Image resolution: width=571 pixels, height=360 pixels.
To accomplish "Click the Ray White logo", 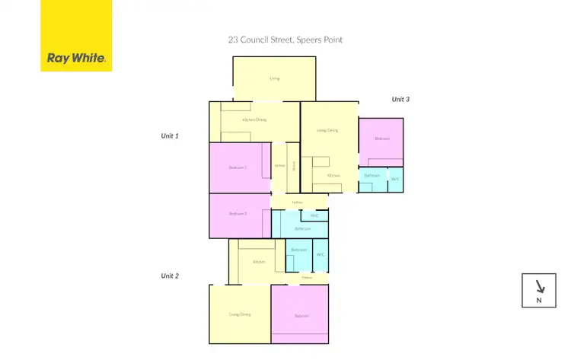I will tap(76, 36).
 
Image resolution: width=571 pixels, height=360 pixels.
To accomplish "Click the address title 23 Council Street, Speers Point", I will tap(285, 40).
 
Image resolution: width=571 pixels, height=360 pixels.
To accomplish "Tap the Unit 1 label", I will tap(169, 135).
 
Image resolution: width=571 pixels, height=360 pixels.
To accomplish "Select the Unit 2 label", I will tap(169, 276).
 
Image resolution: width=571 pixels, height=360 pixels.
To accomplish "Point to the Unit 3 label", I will tap(400, 99).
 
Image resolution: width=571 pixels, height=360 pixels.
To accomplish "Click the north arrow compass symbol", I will tap(539, 290).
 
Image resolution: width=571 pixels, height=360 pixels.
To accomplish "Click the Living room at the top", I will tap(274, 78).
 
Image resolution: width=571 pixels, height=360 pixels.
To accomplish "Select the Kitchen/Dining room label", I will tap(254, 119).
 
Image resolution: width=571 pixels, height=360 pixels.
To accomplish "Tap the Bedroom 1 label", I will tap(238, 167).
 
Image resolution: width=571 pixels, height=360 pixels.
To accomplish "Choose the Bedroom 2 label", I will tap(238, 214).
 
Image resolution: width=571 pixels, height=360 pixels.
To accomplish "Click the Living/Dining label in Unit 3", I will tap(327, 131).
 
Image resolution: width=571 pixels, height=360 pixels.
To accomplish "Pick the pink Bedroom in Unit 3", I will tap(381, 139).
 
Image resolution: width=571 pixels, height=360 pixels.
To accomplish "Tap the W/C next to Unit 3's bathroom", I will tap(394, 179).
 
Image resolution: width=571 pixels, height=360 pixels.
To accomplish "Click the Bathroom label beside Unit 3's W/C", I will tap(372, 175).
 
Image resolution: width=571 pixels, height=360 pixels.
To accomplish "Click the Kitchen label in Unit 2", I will tap(259, 261).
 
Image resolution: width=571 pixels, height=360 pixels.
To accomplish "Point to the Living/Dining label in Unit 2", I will tap(240, 314).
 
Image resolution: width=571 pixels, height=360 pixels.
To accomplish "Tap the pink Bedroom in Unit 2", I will tap(300, 315).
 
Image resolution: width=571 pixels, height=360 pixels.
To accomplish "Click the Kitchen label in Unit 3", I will tap(333, 176).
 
